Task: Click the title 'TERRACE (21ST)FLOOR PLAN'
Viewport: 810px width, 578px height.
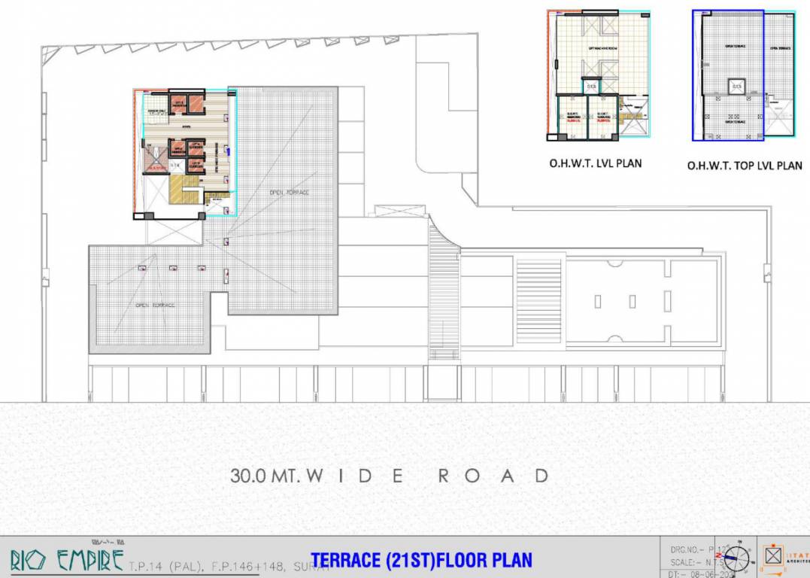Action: click(421, 560)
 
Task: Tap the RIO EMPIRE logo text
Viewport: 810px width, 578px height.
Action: click(66, 560)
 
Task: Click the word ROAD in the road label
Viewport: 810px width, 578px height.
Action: click(493, 476)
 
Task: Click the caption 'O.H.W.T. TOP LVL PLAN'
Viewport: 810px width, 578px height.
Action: click(745, 165)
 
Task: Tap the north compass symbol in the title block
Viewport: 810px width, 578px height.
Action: click(736, 559)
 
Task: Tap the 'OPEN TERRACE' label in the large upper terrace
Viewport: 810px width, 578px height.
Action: click(290, 193)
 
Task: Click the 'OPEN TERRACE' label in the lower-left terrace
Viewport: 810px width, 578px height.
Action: click(156, 305)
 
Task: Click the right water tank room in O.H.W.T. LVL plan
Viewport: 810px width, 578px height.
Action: click(602, 118)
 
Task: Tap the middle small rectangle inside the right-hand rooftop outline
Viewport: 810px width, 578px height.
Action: click(633, 302)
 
